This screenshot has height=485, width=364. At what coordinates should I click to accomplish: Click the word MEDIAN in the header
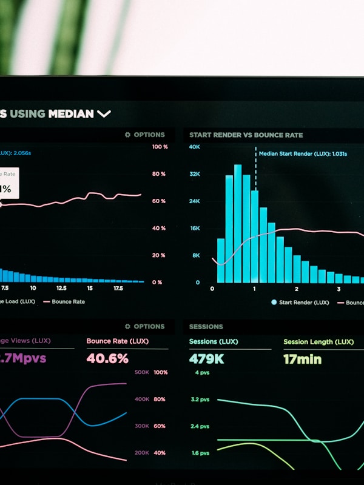[71, 113]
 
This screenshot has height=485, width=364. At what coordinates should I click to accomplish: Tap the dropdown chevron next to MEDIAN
[104, 113]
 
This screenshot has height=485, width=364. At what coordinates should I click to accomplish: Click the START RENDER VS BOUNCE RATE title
[246, 135]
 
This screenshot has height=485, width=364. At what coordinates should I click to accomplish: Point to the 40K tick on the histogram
[194, 147]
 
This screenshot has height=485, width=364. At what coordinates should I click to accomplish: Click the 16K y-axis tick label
[195, 228]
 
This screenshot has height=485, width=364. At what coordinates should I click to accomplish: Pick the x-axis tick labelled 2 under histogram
[296, 289]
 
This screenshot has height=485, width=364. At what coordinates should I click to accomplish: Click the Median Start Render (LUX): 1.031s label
[303, 154]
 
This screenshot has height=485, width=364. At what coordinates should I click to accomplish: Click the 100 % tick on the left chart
[160, 147]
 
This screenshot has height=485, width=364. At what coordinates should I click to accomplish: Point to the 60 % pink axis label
[159, 201]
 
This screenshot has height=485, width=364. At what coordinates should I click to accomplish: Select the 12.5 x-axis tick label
[61, 289]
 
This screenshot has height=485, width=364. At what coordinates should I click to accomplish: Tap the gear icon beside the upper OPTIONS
[127, 135]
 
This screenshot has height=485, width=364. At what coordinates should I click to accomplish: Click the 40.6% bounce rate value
[107, 358]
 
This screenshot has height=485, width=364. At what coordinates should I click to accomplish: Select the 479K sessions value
[206, 359]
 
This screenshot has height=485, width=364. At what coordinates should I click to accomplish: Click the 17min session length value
[302, 359]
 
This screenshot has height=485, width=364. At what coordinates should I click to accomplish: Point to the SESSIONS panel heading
[206, 327]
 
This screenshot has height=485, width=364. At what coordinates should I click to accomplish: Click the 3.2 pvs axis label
[201, 400]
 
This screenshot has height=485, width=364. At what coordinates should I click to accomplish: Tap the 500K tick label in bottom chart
[141, 372]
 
